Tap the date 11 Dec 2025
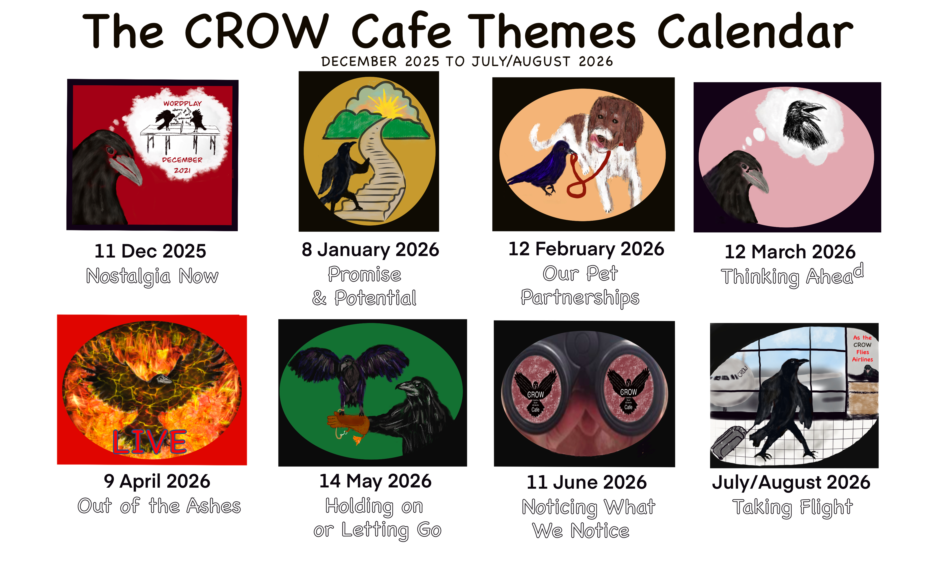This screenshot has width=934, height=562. coord(150,251)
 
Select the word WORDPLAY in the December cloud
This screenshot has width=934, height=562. coord(182,103)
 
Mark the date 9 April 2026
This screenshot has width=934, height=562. coord(157,481)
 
